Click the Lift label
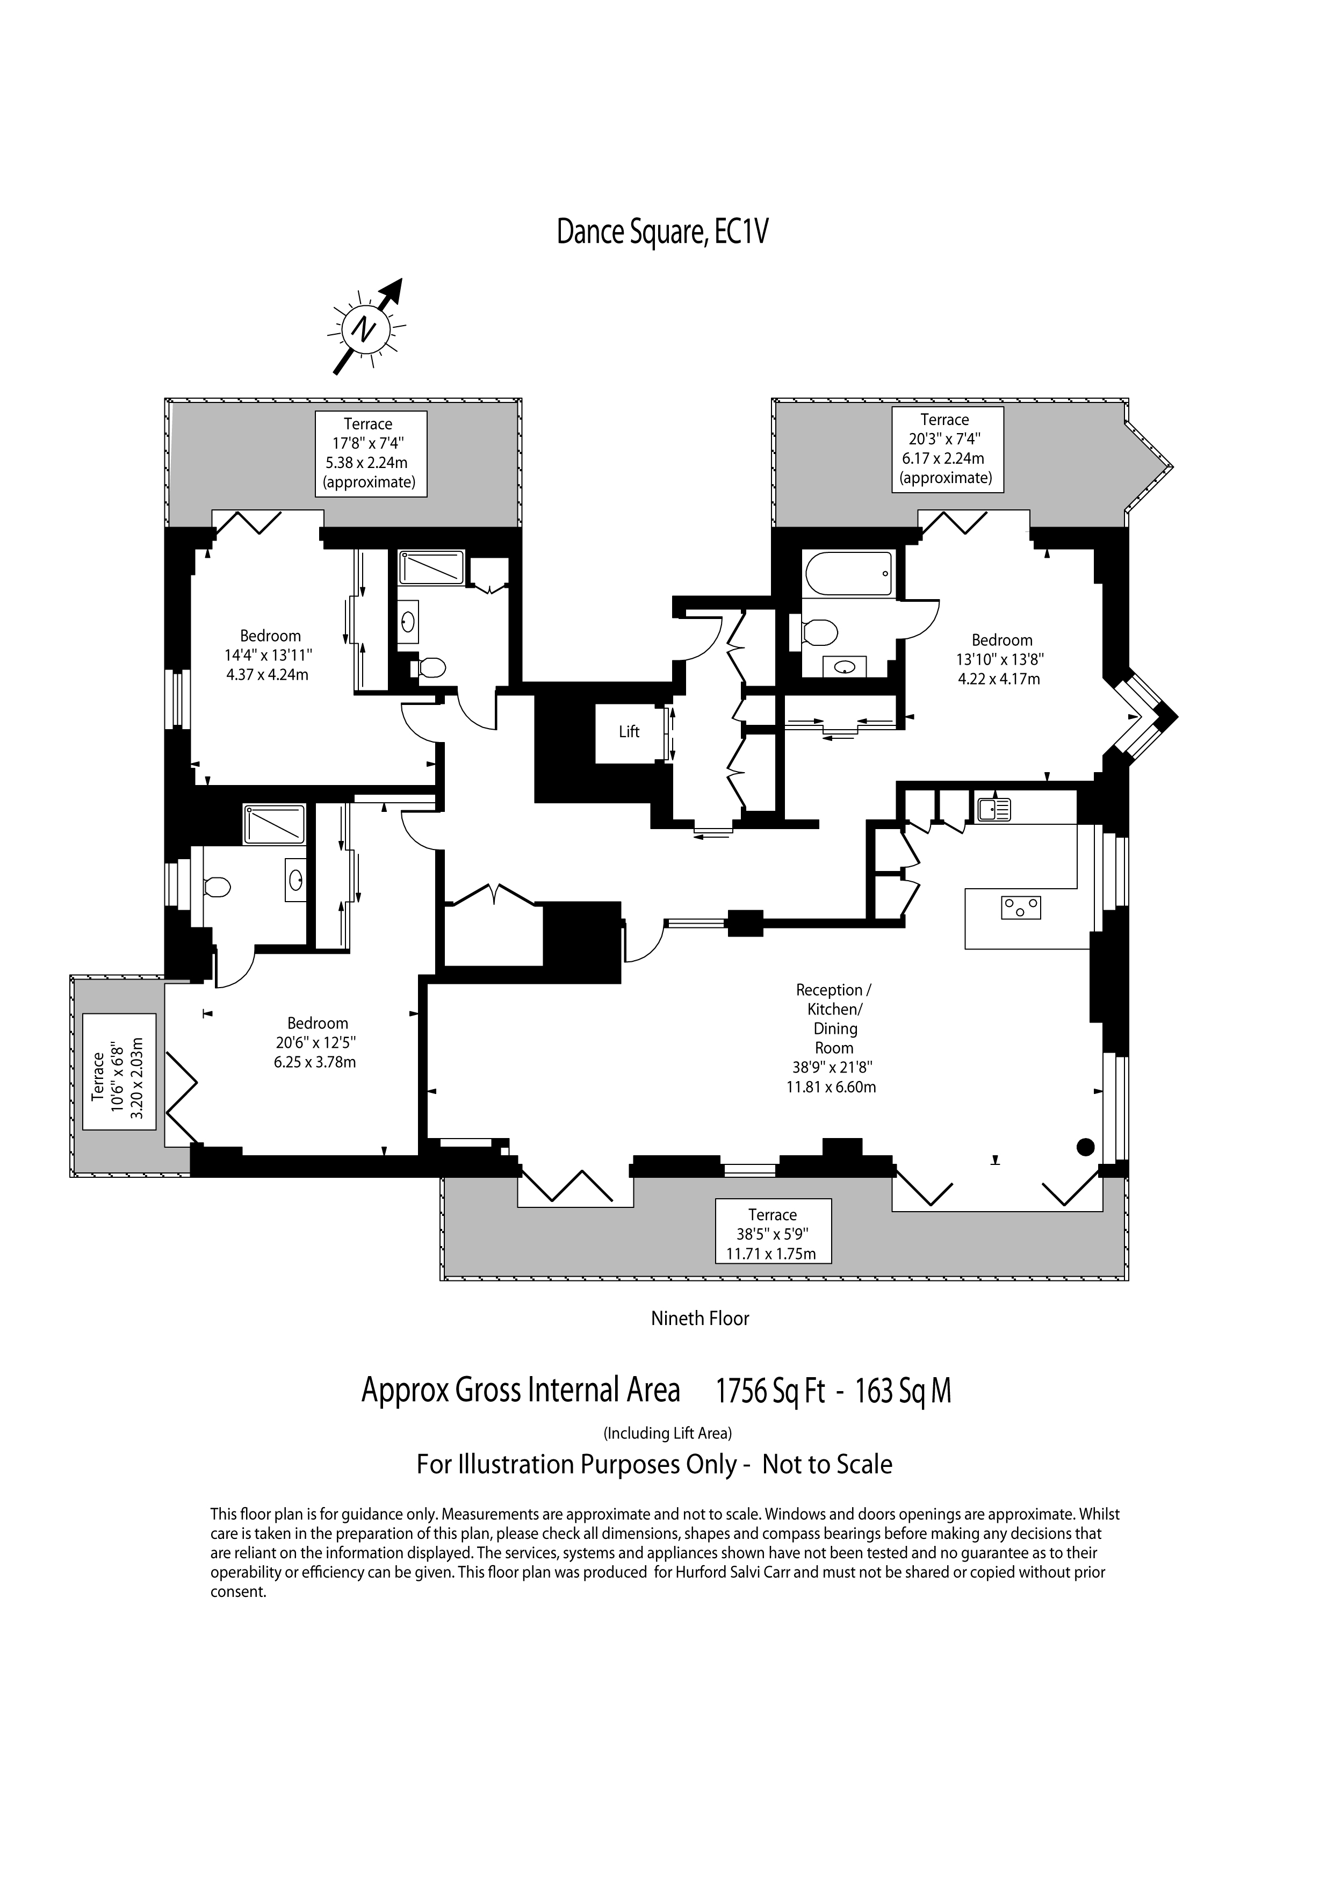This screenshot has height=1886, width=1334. point(629,731)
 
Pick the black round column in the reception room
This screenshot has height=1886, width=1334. point(1086,1147)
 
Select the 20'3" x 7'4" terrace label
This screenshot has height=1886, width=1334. point(948,449)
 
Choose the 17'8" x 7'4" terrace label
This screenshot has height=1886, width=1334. point(371,453)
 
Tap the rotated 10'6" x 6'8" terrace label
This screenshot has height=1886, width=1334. point(119,1071)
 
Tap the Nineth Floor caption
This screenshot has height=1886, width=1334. point(700,1319)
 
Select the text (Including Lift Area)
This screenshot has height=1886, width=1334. point(668,1434)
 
